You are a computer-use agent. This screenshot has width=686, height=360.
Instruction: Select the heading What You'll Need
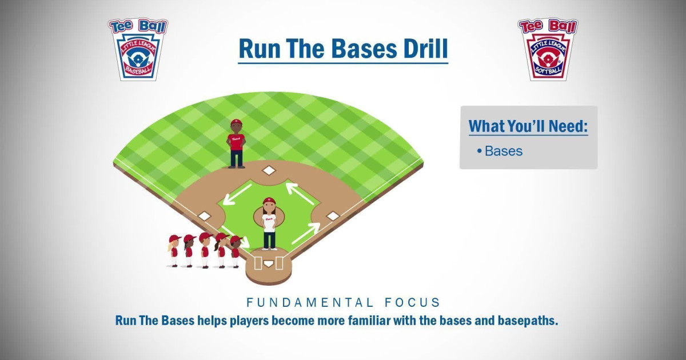point(528,126)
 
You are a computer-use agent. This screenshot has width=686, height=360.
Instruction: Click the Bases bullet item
point(503,151)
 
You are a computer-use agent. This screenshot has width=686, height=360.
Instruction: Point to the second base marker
point(268,170)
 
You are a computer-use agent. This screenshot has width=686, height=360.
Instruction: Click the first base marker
point(333,216)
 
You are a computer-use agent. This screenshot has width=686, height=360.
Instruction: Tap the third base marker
point(204,216)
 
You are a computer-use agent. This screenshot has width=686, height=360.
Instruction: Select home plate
point(268,264)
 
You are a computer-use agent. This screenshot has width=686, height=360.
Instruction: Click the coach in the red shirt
point(236,144)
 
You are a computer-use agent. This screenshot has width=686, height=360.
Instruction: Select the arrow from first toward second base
point(300,193)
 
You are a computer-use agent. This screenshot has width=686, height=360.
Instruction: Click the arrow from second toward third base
point(237,193)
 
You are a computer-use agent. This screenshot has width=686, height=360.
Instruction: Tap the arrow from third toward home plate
point(234,235)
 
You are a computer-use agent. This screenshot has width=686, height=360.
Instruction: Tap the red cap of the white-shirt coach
point(269,201)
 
